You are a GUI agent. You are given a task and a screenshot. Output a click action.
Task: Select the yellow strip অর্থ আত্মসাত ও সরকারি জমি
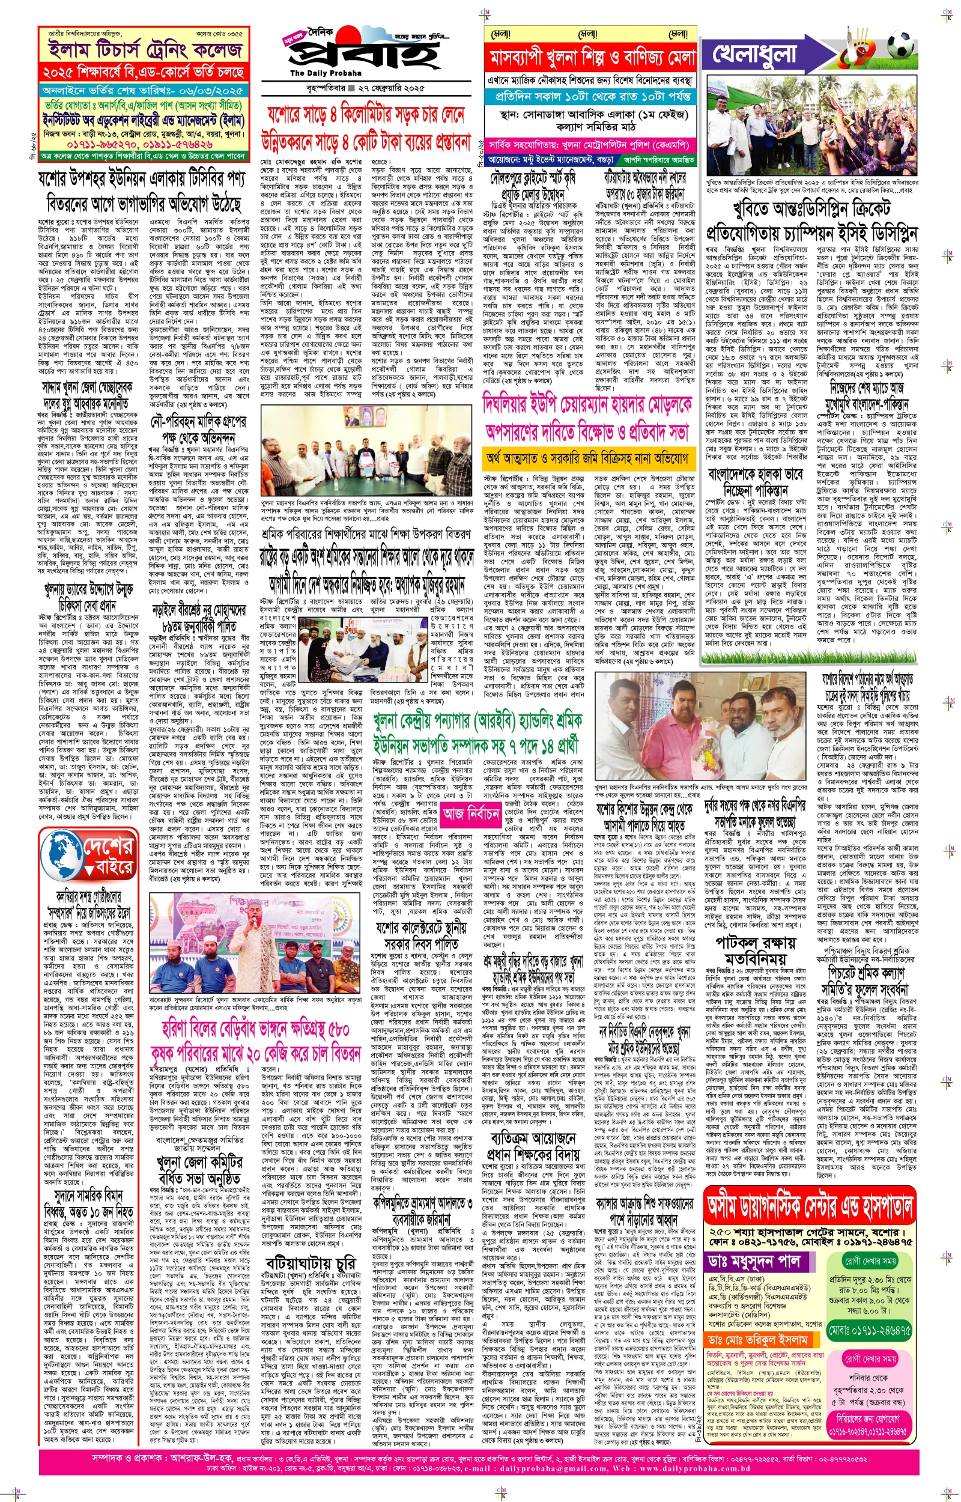point(589,458)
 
